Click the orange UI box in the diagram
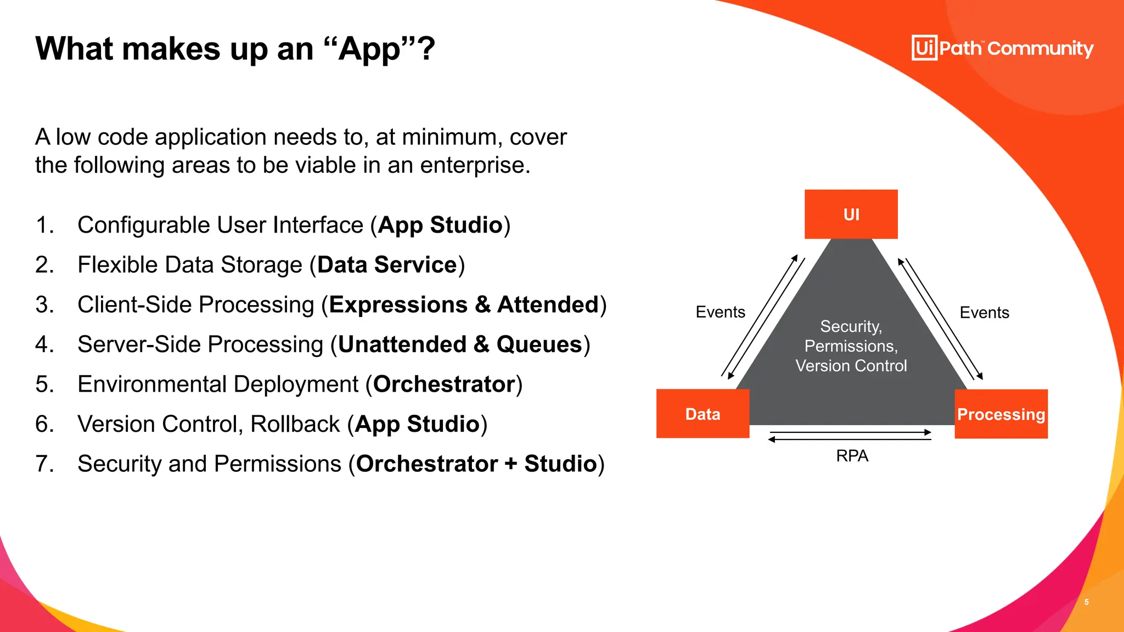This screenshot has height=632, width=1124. point(851,215)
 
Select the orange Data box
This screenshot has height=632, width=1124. point(702,414)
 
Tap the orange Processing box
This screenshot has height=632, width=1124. point(1001,414)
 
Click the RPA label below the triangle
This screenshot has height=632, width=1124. point(852,456)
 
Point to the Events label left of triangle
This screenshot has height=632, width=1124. point(720,312)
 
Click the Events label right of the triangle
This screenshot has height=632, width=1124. point(984,313)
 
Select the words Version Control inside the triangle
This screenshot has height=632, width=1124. point(851,366)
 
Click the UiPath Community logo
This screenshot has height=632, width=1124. point(1002,48)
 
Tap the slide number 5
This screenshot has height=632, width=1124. point(1086,602)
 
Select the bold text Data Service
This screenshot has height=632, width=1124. point(387,265)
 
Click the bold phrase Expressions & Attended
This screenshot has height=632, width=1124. point(464,305)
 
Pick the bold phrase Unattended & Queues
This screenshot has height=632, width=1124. point(460,345)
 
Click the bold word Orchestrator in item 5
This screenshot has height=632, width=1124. point(444,385)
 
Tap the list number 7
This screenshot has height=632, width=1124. point(44,464)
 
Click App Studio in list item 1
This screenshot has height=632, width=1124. point(440,225)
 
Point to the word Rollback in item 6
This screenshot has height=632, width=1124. point(295,425)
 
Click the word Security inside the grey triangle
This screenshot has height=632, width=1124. point(850,326)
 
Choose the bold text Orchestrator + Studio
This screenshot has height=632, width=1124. point(476,464)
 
